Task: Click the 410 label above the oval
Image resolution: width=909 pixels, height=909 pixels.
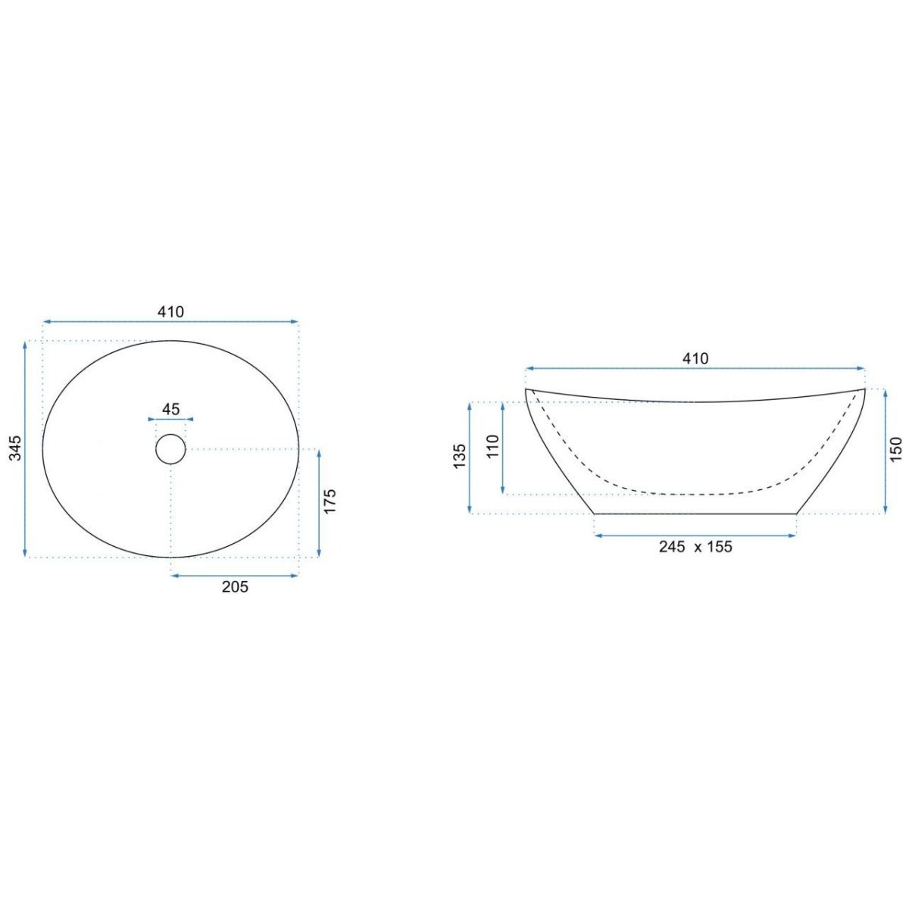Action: (x=170, y=311)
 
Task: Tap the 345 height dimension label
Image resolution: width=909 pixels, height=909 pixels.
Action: (x=16, y=448)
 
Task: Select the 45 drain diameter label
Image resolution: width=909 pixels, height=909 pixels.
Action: (x=170, y=409)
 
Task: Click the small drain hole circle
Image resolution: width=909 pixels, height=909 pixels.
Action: (x=170, y=449)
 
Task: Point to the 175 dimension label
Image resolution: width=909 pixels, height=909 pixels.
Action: (x=330, y=501)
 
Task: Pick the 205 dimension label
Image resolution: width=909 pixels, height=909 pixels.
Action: (x=235, y=587)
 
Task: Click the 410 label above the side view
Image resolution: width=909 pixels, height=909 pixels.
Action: (x=695, y=358)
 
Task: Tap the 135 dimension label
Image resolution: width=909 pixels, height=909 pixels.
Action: (x=459, y=456)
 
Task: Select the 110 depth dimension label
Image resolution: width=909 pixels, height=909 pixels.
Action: (x=492, y=446)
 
